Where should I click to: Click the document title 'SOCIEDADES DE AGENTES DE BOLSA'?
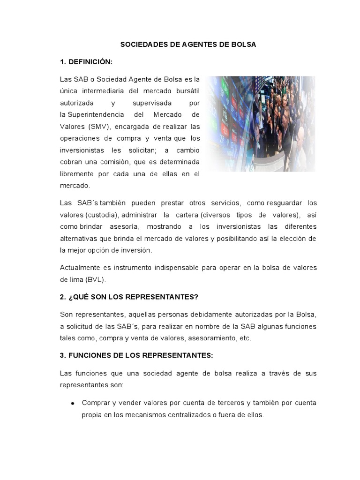[188, 45]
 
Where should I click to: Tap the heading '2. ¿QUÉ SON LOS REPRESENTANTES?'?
[129, 297]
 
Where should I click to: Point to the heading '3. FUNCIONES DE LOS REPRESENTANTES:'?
[136, 355]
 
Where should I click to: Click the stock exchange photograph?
[261, 124]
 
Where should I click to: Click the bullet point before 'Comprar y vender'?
[73, 403]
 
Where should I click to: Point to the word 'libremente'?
[77, 174]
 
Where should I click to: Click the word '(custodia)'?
[102, 215]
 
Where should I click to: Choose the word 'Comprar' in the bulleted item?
[96, 403]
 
